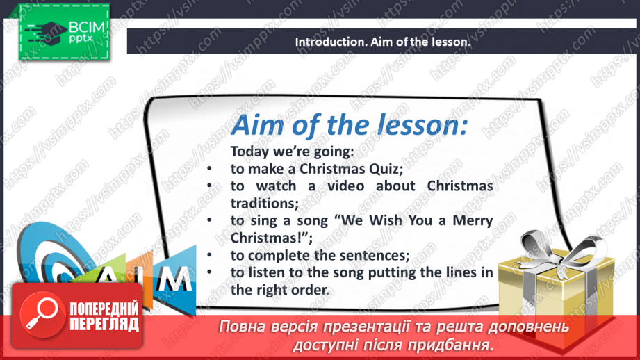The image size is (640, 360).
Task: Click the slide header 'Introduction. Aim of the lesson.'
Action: click(x=383, y=42)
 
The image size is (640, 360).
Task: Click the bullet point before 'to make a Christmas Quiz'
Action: click(x=210, y=169)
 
